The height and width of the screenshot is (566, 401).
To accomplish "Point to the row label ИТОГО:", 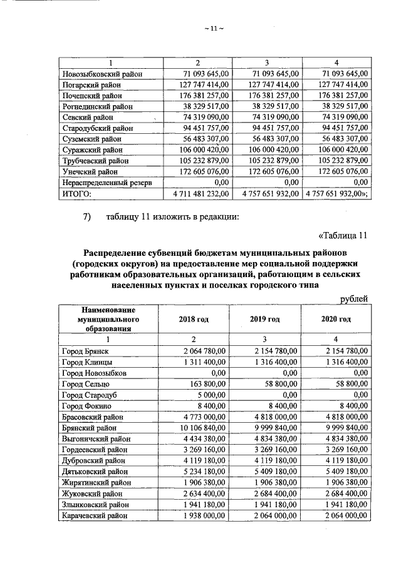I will point(77,193).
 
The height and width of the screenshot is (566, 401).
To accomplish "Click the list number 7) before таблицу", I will point(88,217).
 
